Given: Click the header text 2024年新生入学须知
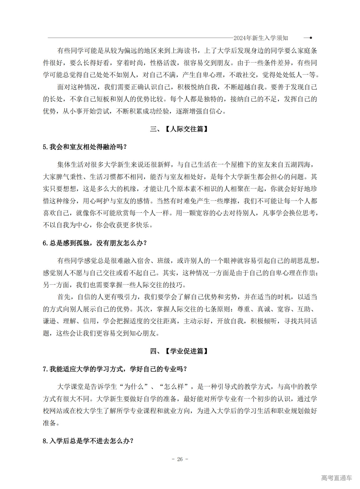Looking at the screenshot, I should coord(261,38).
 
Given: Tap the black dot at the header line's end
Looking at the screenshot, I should coord(310,38).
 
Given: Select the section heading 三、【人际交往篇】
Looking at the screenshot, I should coord(179,129).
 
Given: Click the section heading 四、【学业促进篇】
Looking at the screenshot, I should coord(179,351).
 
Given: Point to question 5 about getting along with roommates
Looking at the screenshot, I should coord(85,147).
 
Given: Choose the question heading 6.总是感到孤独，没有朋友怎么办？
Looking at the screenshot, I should coord(95,243).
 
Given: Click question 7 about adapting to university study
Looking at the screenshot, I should coord(115,369).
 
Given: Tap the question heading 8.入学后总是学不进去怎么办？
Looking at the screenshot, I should coord(88,441).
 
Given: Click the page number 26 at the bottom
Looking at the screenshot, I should coord(180,459).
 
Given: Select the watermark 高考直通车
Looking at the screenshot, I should coord(336,478).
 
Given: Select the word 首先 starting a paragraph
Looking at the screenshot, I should coord(64,297).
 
